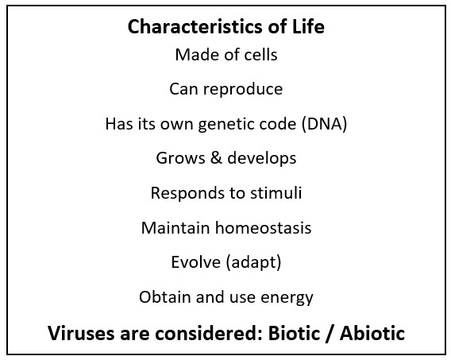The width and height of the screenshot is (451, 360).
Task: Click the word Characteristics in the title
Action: point(195,26)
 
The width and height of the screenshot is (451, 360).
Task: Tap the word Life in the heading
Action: point(308,26)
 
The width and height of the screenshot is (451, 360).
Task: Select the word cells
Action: point(260,54)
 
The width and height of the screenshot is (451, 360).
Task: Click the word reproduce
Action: point(243,90)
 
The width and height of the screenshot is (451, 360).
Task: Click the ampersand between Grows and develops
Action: point(216,157)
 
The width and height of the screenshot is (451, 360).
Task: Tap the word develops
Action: point(262,159)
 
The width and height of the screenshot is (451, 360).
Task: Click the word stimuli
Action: point(276,193)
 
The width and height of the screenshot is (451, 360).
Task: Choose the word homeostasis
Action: point(263,227)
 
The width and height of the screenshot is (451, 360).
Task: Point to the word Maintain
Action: point(175,227)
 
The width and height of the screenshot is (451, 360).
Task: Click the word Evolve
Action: point(195,262)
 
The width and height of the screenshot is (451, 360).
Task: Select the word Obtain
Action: point(165,297)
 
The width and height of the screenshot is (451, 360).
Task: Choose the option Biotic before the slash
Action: point(294,333)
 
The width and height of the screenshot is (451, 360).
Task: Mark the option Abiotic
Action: point(372,333)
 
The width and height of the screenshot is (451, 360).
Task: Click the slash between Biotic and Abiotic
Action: point(330,334)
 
